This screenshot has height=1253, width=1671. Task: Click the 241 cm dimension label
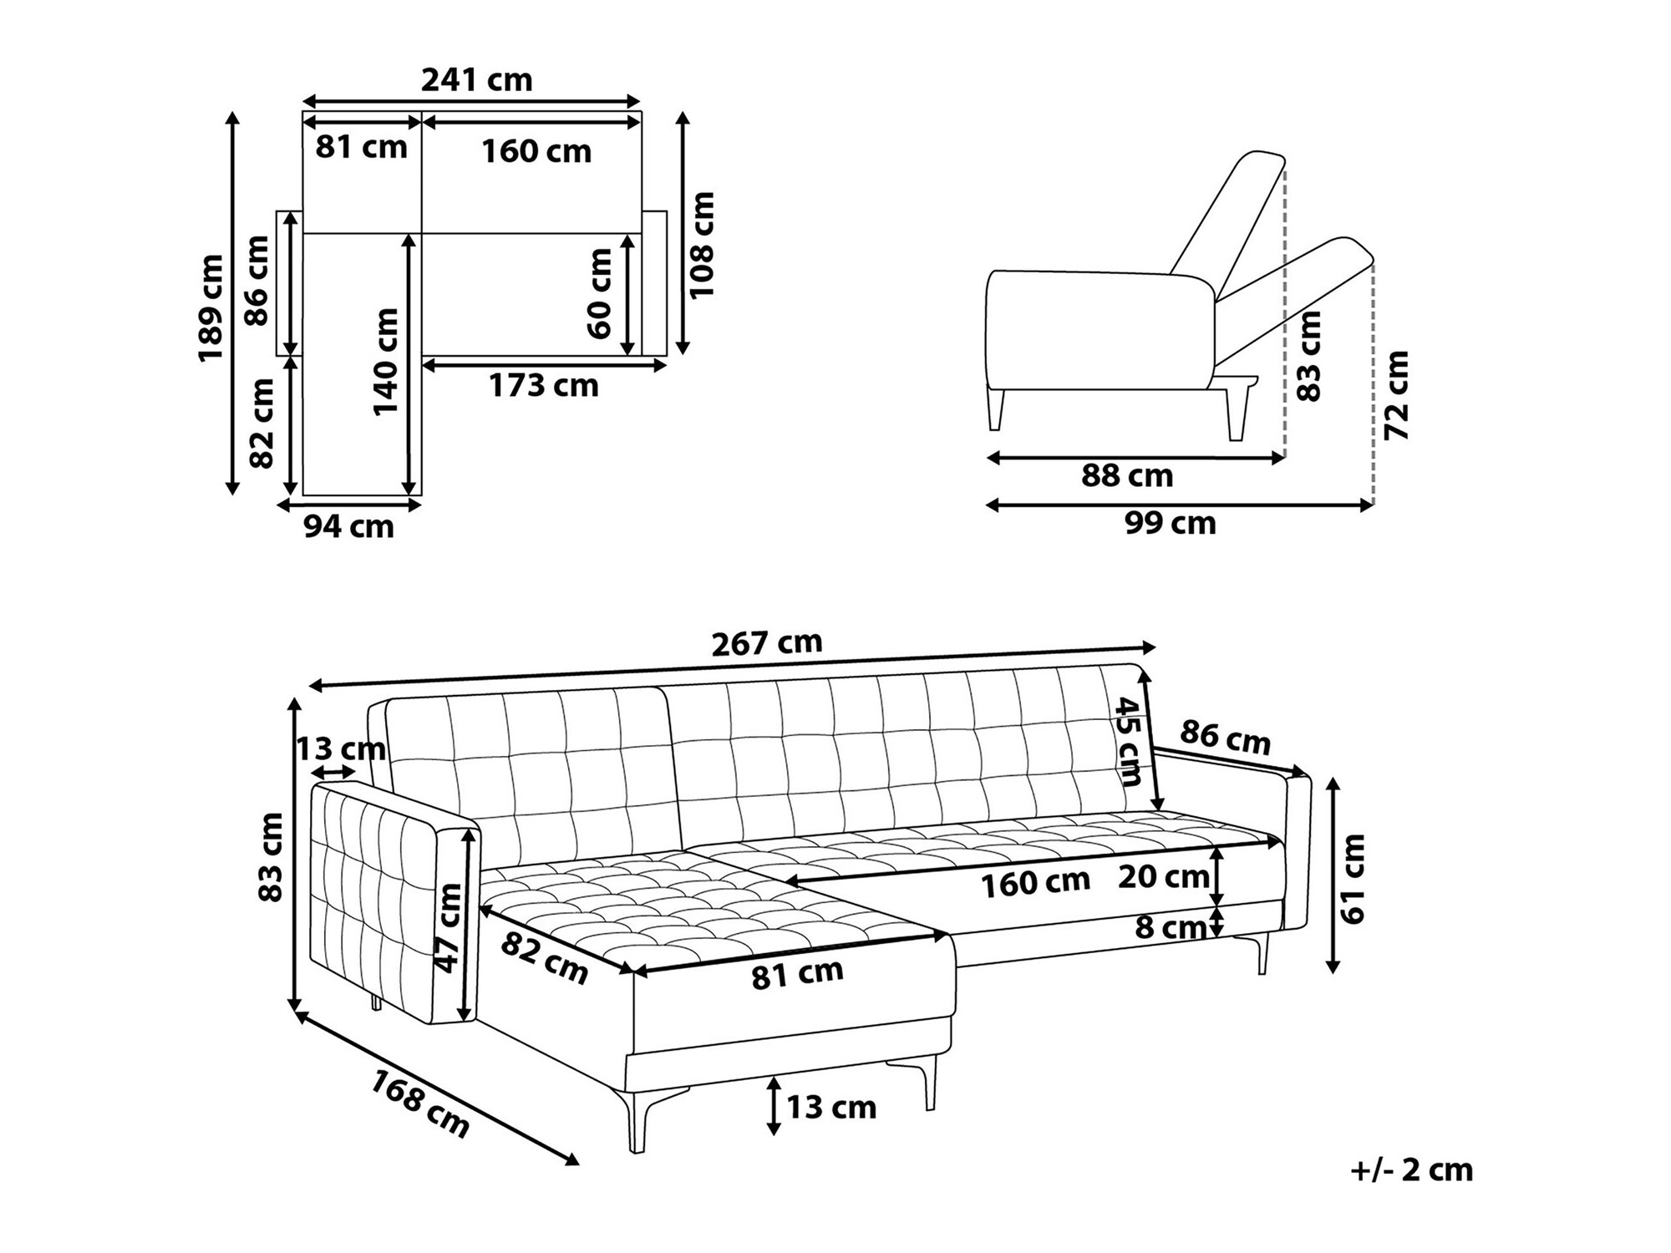click(476, 80)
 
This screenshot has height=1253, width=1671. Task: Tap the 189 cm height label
click(211, 308)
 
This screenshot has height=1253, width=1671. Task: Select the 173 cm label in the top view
click(544, 386)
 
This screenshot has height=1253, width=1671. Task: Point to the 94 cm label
click(348, 527)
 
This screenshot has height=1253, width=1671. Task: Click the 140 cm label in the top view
click(386, 362)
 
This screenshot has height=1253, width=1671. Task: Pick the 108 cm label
click(702, 245)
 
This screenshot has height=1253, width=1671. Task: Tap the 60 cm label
click(600, 293)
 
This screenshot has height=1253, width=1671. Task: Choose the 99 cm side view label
click(1171, 524)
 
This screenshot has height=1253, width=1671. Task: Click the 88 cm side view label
click(1127, 476)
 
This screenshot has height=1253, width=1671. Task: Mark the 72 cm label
click(1396, 395)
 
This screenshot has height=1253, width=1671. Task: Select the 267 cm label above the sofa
click(767, 642)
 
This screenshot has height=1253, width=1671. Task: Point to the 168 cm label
click(420, 1104)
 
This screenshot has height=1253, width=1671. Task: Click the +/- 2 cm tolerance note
click(1412, 1169)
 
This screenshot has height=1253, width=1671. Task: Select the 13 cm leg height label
click(831, 1108)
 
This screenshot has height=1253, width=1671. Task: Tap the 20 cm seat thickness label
click(1164, 877)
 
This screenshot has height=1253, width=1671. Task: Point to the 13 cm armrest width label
click(341, 749)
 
